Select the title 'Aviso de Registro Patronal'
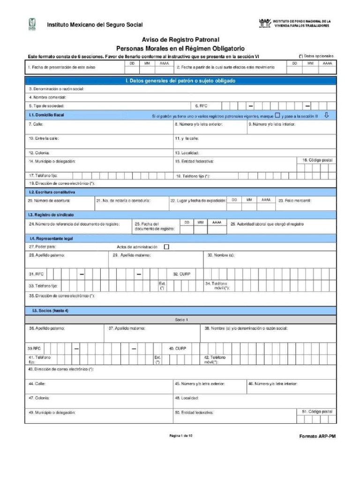tap(180, 40)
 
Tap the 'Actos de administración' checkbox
tap(166, 247)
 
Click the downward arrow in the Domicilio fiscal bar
tap(327, 115)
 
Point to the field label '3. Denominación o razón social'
tap(56, 89)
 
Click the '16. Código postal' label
tap(317, 160)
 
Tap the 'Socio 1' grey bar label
tap(181, 319)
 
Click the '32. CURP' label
tap(181, 274)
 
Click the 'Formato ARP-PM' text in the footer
tap(317, 436)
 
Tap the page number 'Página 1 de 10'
tap(180, 435)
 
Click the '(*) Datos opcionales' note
tap(316, 56)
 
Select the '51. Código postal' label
tap(317, 411)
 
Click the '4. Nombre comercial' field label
tap(47, 97)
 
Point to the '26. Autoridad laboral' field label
tap(267, 224)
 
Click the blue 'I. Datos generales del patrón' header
tap(180, 81)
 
